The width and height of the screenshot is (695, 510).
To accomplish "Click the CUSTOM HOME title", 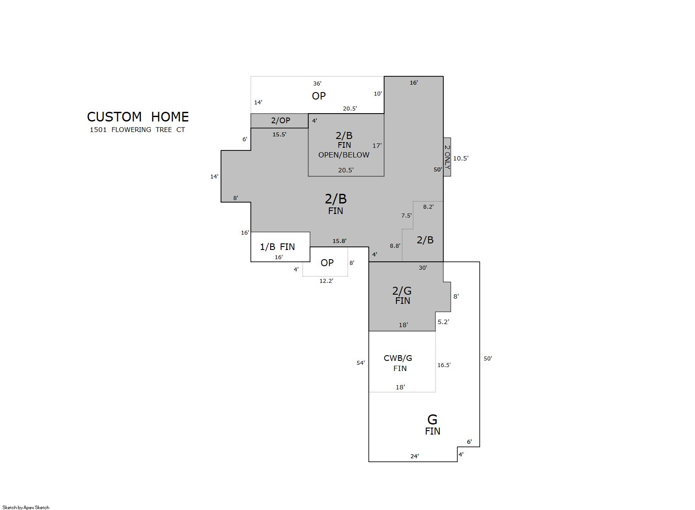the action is (138, 117).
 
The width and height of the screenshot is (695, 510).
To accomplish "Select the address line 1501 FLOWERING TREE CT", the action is (137, 130).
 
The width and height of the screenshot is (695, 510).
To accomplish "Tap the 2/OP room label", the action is (281, 120).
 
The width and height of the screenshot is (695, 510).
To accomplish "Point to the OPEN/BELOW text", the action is (344, 155).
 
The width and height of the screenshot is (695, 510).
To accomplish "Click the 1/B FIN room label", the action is (278, 246).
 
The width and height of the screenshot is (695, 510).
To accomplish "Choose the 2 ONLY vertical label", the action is (447, 157).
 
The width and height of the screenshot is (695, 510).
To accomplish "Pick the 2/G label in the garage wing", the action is (402, 291).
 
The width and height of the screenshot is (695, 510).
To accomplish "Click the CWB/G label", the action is (398, 358).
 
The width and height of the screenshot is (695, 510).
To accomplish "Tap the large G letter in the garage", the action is (432, 419).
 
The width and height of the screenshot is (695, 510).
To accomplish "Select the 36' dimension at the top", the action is (317, 83).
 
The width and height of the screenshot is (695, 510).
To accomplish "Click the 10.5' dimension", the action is (461, 158).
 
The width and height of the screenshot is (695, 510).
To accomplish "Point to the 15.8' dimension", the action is (339, 241).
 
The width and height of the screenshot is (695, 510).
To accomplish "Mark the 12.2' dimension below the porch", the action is (326, 281).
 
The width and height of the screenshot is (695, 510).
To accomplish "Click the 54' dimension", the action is (360, 363).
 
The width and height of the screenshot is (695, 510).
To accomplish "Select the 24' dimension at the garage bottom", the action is (414, 456).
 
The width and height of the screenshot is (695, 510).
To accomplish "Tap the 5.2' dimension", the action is (443, 322).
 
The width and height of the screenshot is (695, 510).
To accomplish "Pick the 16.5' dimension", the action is (444, 365).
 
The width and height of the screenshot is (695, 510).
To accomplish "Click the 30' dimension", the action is (423, 267).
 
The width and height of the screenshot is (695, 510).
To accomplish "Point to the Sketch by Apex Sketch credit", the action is (26, 507).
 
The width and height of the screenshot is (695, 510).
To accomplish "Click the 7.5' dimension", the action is (406, 215).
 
